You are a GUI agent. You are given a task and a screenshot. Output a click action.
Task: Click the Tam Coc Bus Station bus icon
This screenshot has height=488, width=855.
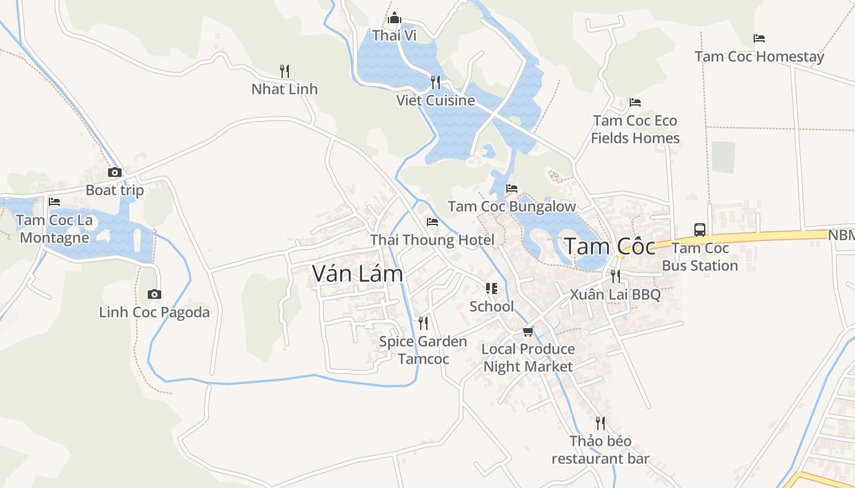pyautogui.click(x=700, y=230)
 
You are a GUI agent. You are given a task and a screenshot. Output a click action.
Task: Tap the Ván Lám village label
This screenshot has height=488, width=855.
pyautogui.click(x=357, y=273)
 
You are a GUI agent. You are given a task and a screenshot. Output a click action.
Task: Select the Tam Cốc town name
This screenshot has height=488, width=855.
pyautogui.click(x=609, y=246)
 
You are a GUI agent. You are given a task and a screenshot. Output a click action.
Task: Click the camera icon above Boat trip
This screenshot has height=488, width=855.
pyautogui.click(x=115, y=173)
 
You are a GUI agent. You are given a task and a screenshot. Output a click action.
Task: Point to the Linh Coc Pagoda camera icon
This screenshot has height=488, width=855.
pyautogui.click(x=155, y=295)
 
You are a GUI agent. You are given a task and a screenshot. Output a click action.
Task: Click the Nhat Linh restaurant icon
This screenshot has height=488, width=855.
pyautogui.click(x=284, y=71)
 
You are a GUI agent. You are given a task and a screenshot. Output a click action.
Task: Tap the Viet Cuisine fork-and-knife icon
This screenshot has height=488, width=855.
pyautogui.click(x=435, y=82)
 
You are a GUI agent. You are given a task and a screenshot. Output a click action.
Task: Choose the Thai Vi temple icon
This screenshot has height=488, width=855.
pyautogui.click(x=395, y=18)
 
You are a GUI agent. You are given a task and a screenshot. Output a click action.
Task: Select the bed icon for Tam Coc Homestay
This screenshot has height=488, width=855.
pyautogui.click(x=759, y=38)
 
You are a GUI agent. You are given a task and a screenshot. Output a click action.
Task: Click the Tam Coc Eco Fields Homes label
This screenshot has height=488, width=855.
pyautogui.click(x=635, y=129)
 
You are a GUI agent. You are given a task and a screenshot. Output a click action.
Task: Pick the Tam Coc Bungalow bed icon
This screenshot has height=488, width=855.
pyautogui.click(x=512, y=188)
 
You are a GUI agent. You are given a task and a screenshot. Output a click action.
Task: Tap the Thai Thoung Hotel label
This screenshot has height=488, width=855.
pyautogui.click(x=432, y=240)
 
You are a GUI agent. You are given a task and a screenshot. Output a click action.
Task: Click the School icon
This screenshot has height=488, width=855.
pyautogui.click(x=492, y=289)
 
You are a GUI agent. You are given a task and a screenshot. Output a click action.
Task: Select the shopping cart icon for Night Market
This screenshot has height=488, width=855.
pyautogui.click(x=528, y=332)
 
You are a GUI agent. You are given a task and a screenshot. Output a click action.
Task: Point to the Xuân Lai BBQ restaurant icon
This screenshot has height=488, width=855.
pyautogui.click(x=615, y=276)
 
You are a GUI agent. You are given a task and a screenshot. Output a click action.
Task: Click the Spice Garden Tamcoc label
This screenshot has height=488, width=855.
pyautogui.click(x=423, y=350)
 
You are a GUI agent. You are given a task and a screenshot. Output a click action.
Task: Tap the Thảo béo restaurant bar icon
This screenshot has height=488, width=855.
pyautogui.click(x=600, y=423)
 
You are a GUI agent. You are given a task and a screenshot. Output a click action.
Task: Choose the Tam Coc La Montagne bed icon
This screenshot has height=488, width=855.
pyautogui.click(x=54, y=202)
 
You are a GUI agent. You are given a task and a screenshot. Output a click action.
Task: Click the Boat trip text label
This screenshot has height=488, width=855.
pyautogui.click(x=115, y=190)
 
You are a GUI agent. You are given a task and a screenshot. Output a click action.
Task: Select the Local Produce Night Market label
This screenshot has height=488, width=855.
pyautogui.click(x=528, y=357)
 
